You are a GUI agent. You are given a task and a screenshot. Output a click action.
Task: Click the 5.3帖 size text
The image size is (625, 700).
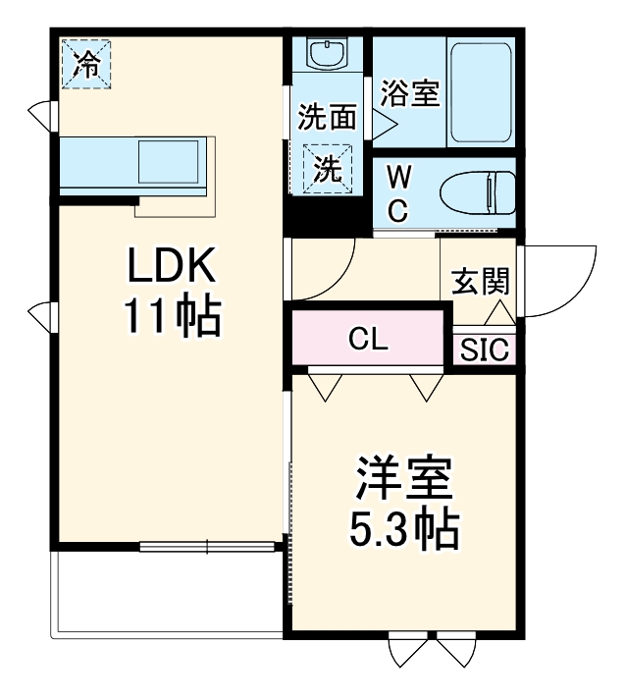point(403,530)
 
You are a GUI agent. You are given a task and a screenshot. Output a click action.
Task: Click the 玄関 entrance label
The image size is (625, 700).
point(480,282)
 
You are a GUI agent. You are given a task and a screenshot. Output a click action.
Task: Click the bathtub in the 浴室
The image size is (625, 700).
point(481,93)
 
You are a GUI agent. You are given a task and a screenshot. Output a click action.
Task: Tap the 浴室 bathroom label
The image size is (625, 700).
point(410,94)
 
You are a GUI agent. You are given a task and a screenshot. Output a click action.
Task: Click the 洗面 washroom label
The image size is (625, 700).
point(327,118)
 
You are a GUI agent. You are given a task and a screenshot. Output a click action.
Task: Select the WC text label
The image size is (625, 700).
point(398,193)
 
